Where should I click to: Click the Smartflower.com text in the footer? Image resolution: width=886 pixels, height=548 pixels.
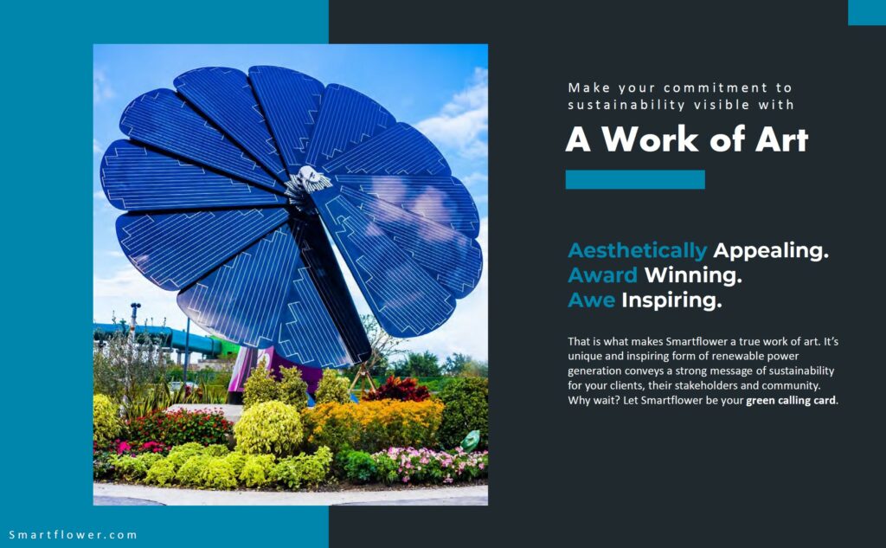[73, 535]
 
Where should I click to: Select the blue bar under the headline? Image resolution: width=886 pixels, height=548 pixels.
[635, 179]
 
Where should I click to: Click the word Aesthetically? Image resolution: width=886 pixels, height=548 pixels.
[638, 250]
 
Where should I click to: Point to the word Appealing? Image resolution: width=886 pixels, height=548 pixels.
[771, 250]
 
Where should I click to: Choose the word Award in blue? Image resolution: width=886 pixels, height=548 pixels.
[602, 275]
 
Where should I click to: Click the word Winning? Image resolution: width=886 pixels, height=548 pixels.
[693, 275]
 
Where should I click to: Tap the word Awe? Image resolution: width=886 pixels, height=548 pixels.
[591, 300]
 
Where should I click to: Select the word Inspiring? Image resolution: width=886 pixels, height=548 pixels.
[671, 300]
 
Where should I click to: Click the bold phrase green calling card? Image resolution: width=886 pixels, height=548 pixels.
[791, 401]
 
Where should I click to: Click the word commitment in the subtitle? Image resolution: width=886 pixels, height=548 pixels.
[716, 88]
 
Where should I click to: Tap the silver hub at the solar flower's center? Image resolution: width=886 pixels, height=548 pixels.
[308, 181]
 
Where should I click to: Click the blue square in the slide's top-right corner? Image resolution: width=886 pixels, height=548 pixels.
[867, 12]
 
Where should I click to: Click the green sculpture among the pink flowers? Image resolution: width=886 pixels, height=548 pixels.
[471, 441]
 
